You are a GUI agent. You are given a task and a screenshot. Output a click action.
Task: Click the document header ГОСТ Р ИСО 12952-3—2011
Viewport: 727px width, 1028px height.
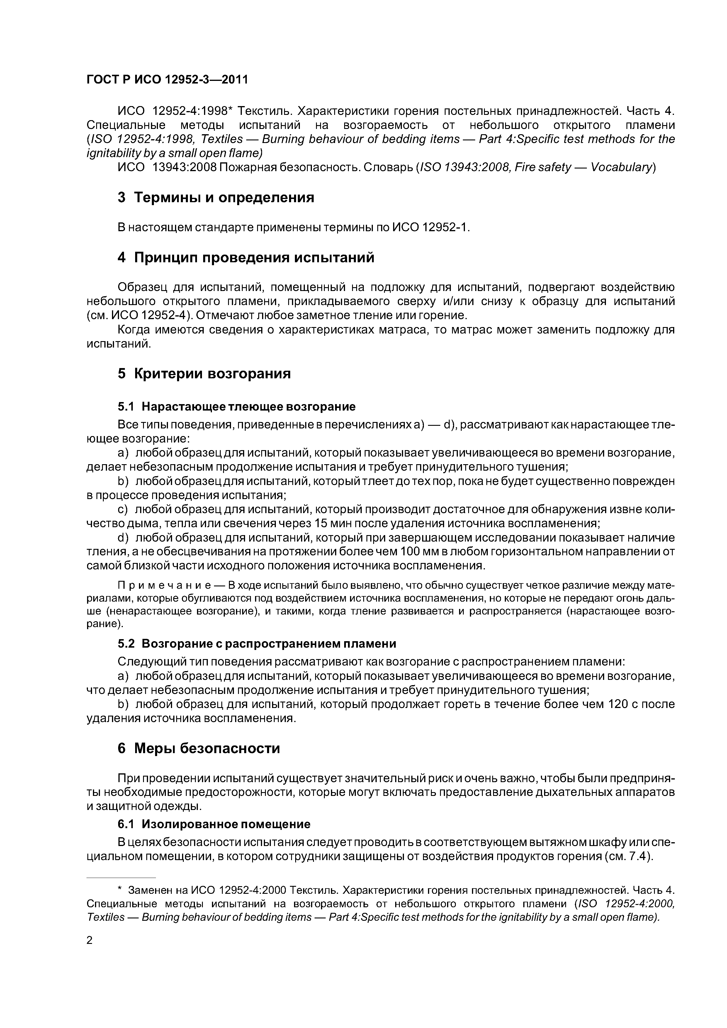(167, 80)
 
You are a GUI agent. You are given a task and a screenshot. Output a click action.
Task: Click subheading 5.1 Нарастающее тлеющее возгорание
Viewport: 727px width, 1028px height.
(237, 406)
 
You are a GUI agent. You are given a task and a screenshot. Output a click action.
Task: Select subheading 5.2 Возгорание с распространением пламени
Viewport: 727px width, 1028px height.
(257, 644)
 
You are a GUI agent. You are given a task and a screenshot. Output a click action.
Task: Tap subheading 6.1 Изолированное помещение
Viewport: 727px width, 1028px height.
(214, 824)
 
